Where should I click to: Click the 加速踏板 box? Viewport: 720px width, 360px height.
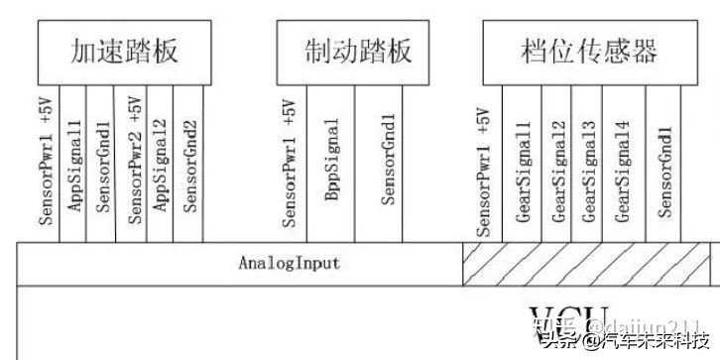(x=124, y=52)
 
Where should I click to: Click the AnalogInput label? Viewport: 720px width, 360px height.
(x=289, y=263)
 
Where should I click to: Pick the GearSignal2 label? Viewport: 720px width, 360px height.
(x=559, y=169)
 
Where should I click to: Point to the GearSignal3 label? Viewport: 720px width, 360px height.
(x=589, y=169)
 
